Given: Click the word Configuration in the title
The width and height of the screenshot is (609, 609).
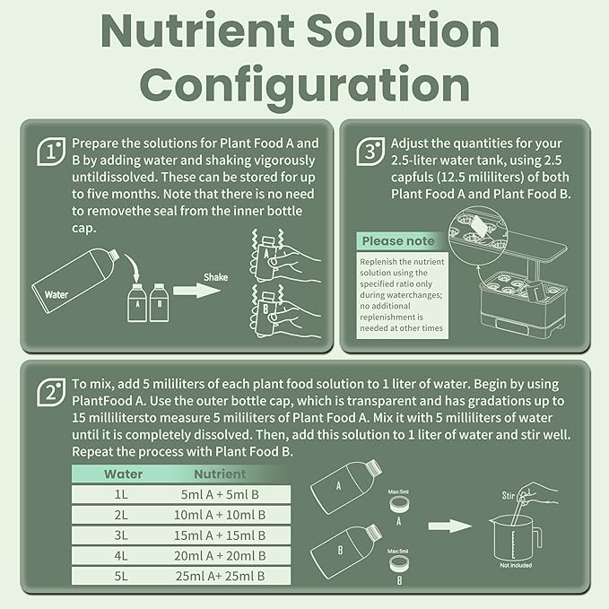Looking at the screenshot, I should point(305,85).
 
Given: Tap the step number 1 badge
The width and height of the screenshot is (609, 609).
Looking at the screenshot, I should point(51,152).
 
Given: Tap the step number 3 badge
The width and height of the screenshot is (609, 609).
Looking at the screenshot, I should point(370,152).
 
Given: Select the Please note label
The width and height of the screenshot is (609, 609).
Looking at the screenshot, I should point(398,241).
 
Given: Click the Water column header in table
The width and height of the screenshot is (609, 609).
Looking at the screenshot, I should point(123,474).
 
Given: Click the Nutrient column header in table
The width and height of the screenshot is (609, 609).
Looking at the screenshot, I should point(219,474).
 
